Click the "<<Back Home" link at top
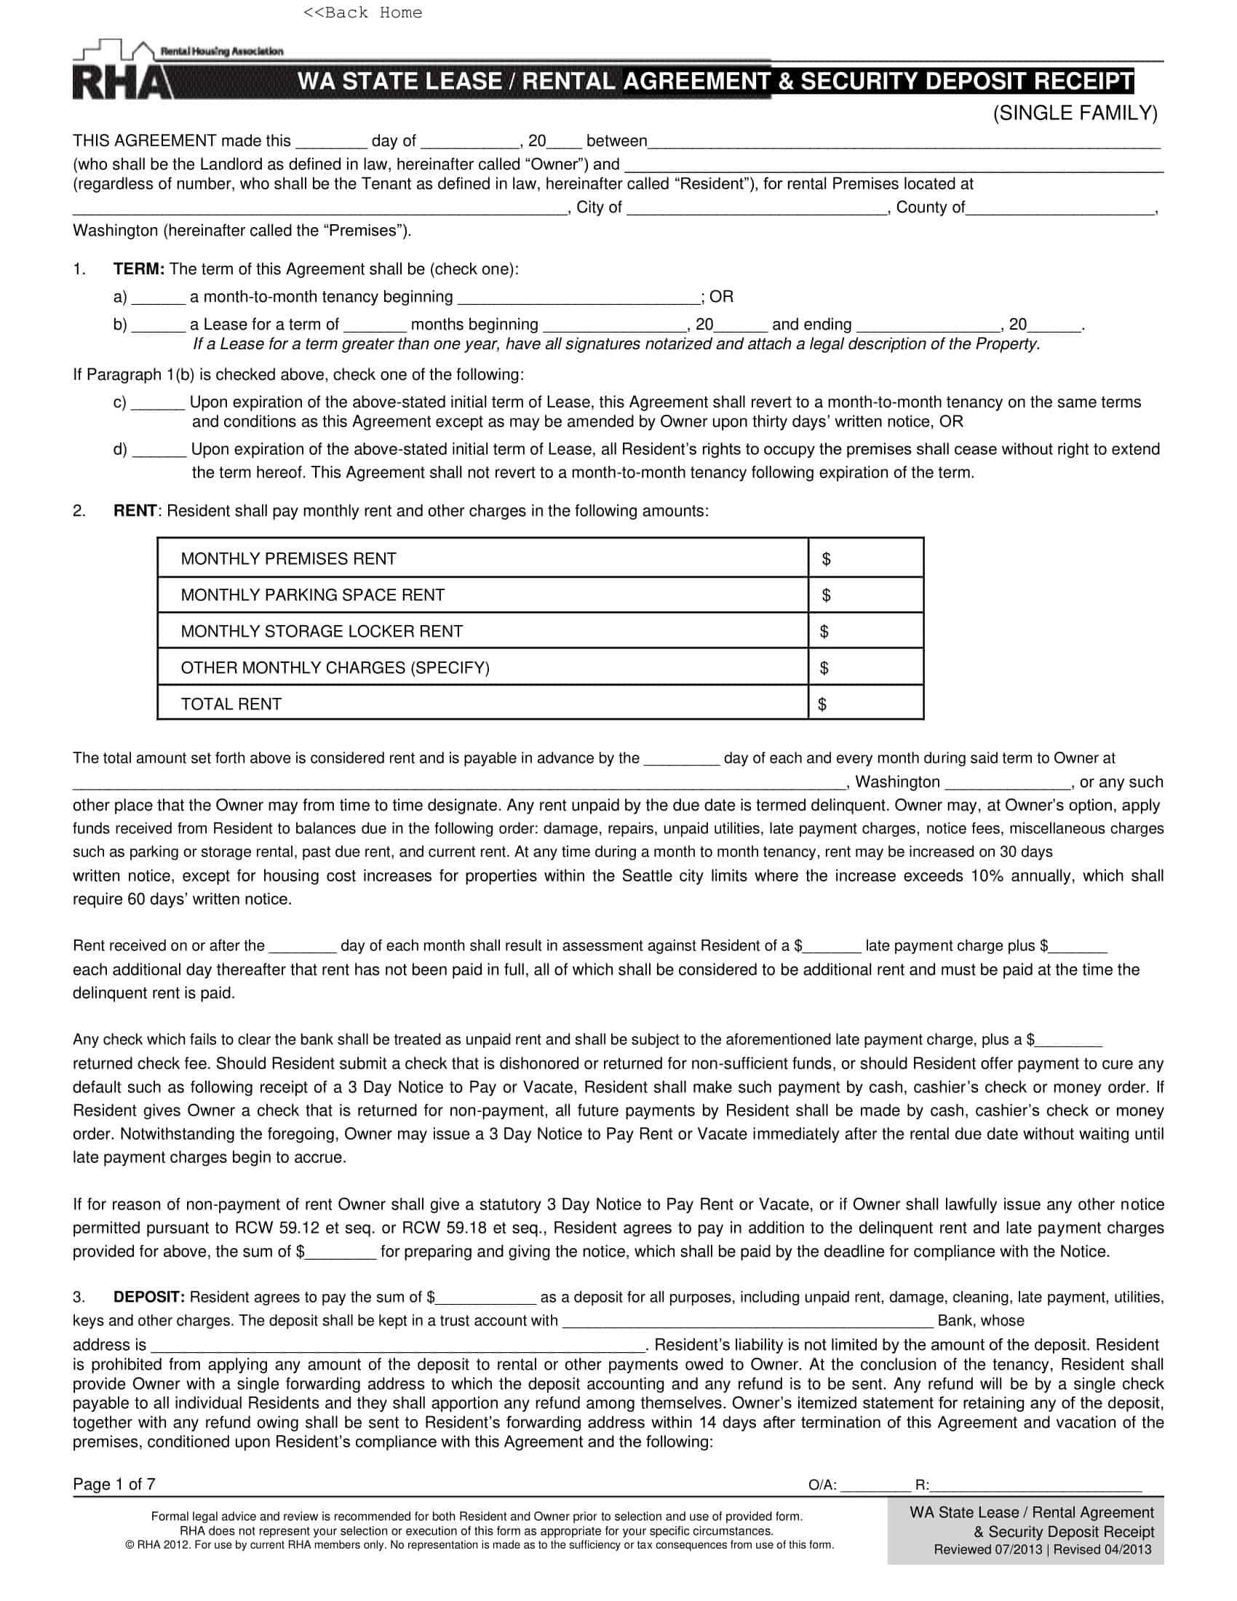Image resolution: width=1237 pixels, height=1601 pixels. point(362,12)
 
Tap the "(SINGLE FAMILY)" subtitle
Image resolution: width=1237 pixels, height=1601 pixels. point(1075,113)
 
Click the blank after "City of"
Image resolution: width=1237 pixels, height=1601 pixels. point(756,208)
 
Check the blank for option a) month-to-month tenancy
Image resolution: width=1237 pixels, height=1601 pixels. point(159,298)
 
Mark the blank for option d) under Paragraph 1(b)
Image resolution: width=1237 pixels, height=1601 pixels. point(159,450)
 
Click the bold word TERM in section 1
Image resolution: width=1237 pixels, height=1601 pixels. point(138,269)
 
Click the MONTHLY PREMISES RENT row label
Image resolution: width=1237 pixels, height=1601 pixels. point(288,559)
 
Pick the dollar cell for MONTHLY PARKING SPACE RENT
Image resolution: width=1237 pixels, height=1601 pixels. point(866,595)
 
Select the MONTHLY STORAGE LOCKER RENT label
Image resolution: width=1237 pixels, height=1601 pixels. point(322,631)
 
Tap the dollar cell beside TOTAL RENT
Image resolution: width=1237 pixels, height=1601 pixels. point(866,704)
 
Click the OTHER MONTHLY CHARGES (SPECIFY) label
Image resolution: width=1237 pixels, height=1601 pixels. point(335,668)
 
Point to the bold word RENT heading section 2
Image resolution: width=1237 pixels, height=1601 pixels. point(135,511)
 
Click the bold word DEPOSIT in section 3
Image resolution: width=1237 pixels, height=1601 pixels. point(148,1297)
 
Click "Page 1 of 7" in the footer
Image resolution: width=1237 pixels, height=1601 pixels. point(114,1485)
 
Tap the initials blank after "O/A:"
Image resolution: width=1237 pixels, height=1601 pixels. point(875,1486)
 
